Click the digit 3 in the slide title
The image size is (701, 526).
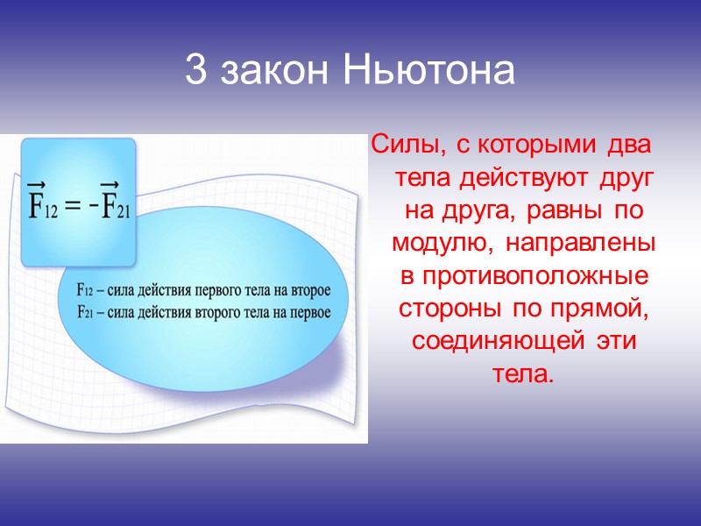pyautogui.click(x=196, y=72)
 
